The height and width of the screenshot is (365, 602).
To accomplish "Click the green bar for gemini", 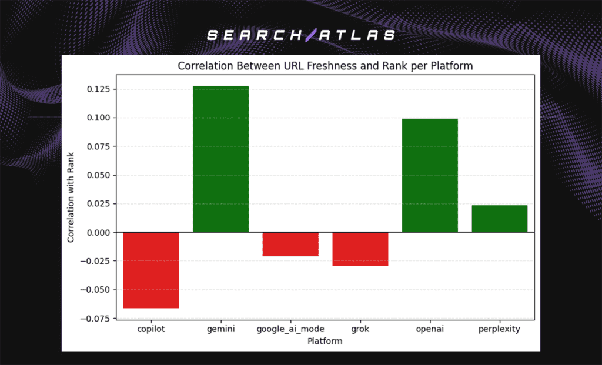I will (221, 159).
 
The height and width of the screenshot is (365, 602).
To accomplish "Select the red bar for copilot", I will (151, 270).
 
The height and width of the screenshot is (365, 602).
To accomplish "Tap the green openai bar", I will (430, 175).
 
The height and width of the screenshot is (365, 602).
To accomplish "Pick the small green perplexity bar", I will (500, 219).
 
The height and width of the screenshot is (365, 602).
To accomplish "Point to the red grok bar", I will (360, 249).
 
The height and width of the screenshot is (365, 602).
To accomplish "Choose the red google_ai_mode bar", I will (290, 244).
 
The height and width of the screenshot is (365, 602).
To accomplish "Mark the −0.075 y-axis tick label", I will (98, 319).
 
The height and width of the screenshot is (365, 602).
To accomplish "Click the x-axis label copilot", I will (150, 329).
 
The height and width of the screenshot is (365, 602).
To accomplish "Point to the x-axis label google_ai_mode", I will (290, 329).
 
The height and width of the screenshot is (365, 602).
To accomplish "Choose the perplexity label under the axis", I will (500, 329).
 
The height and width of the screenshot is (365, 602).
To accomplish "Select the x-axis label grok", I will (360, 329).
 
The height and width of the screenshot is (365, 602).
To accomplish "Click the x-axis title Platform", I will (325, 340).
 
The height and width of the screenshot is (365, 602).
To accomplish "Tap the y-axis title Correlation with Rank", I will (71, 196).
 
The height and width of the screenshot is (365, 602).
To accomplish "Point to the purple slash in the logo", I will (310, 35).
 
